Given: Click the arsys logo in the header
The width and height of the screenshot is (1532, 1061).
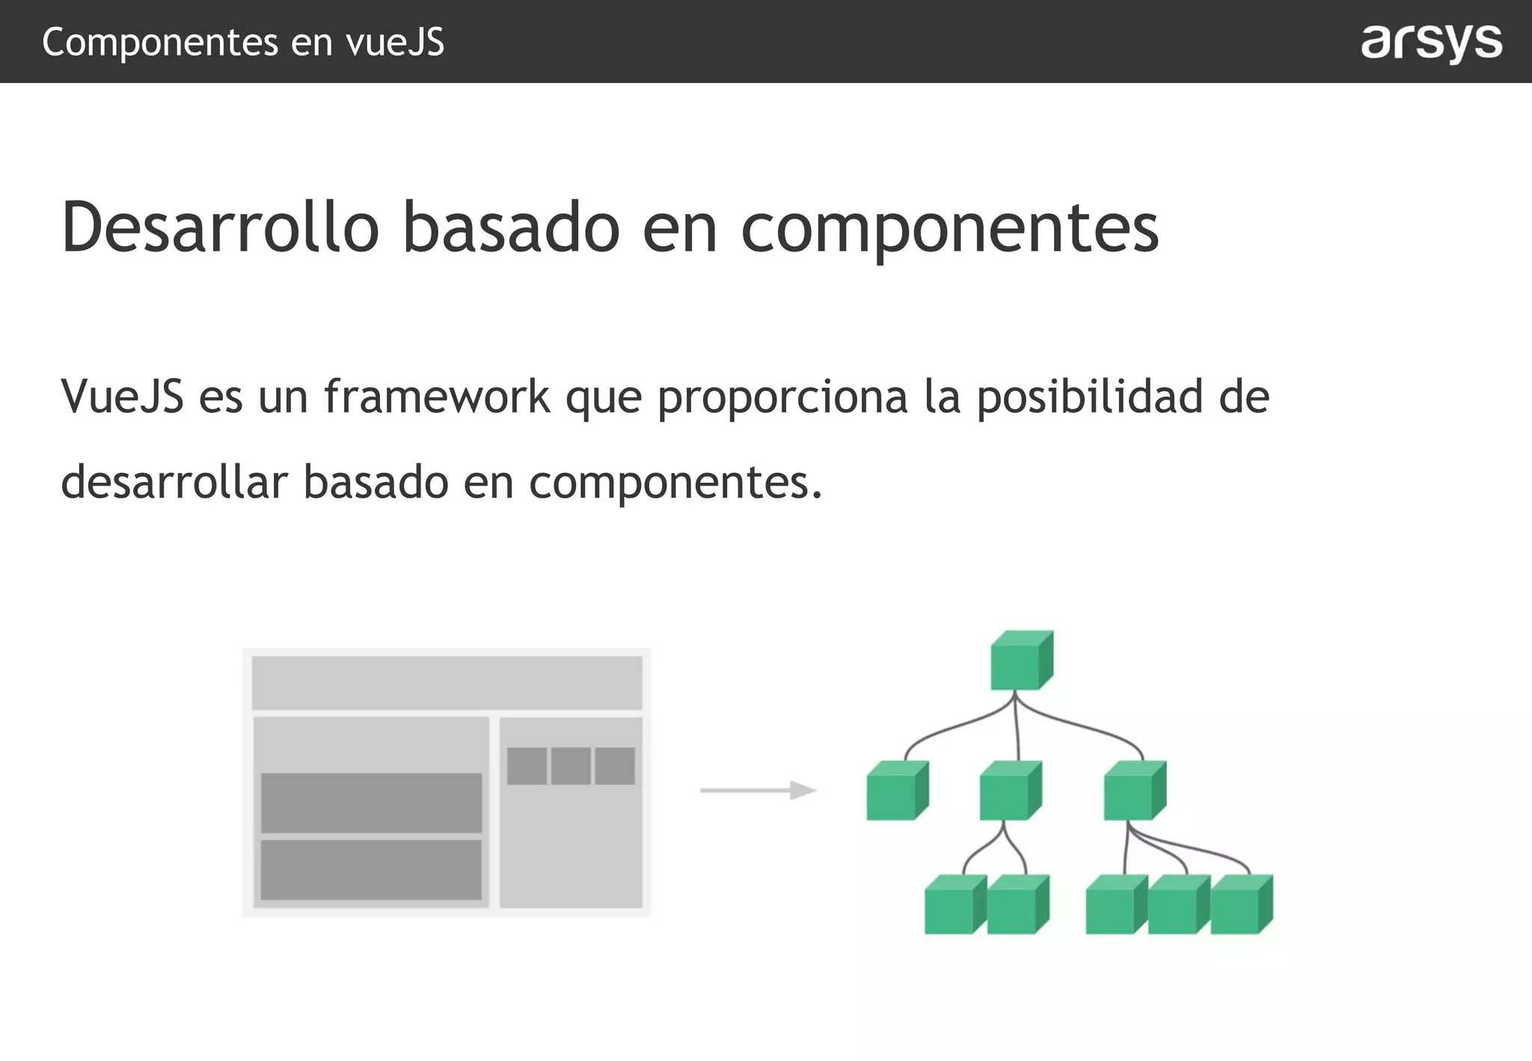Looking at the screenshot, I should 1430,42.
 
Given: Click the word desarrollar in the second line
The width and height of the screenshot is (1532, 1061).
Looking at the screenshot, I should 174,482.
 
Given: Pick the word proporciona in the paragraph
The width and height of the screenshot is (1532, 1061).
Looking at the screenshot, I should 782,397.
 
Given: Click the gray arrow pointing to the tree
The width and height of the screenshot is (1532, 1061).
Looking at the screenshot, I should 757,790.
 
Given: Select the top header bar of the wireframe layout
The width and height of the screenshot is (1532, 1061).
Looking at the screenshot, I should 447,682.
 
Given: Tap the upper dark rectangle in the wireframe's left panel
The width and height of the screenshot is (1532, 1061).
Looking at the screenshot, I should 371,802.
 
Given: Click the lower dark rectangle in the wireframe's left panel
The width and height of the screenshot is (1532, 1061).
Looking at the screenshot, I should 371,869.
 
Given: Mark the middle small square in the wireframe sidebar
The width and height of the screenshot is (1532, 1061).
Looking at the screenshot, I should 571,765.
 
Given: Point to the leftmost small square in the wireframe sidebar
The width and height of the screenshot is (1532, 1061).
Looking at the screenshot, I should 527,765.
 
